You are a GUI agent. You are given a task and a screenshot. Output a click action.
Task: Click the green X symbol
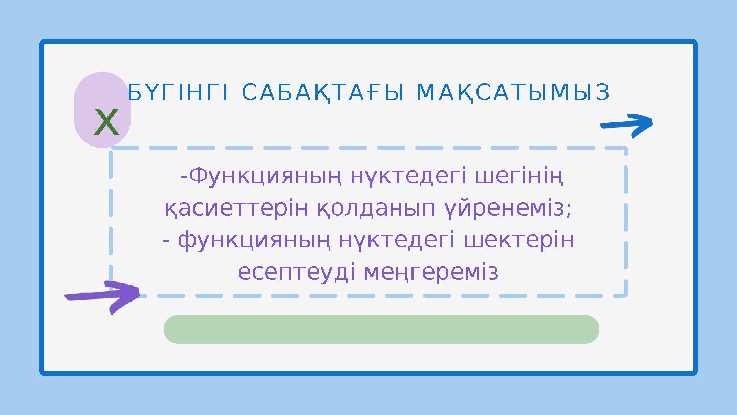tap(106, 123)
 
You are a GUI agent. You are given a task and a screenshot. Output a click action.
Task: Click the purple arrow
tap(102, 296)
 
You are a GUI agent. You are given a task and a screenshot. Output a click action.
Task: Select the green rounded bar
tap(381, 329)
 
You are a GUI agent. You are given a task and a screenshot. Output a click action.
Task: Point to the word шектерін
tap(519, 240)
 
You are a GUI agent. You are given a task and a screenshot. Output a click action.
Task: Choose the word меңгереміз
tap(431, 272)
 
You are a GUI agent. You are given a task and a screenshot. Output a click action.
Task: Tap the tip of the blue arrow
tap(651, 122)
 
